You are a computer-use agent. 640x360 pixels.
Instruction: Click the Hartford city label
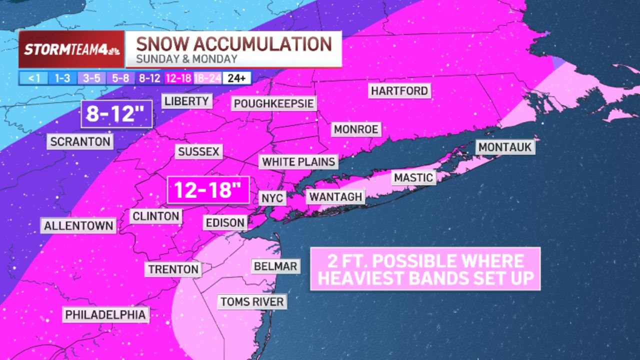(x=399, y=91)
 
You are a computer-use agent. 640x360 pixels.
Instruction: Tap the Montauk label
(x=505, y=147)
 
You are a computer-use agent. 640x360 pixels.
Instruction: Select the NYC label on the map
(x=272, y=198)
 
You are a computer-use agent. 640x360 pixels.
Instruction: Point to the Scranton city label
(x=80, y=141)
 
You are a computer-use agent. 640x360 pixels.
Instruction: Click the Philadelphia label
(x=106, y=314)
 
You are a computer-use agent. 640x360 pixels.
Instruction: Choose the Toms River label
(x=252, y=301)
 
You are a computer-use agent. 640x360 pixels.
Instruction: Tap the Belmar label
(x=275, y=266)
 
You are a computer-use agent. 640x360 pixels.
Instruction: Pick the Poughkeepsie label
(x=274, y=103)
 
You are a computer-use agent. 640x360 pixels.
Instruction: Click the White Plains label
(x=298, y=162)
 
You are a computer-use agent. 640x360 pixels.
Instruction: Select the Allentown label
(x=79, y=225)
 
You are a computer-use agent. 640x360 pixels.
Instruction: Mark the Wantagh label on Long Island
(x=335, y=196)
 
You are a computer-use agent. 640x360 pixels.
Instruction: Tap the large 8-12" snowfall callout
(x=116, y=114)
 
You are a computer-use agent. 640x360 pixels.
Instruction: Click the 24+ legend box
(x=237, y=78)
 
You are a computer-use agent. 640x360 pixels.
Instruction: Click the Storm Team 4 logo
(x=71, y=49)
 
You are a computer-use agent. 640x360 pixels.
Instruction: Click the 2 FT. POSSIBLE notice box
(x=425, y=269)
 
